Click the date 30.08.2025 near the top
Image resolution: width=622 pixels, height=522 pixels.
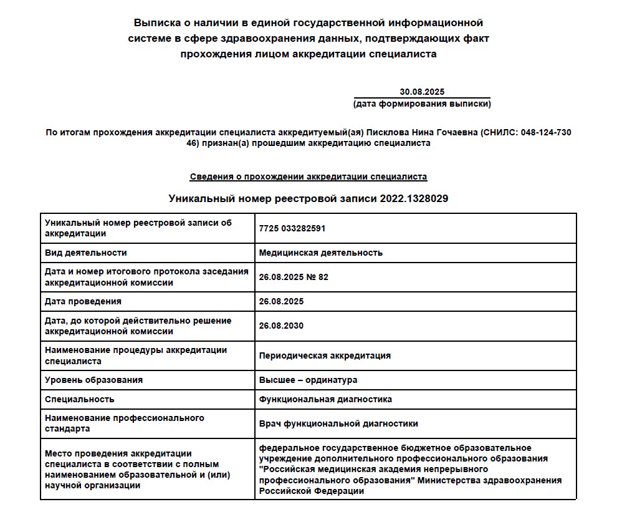[x=422, y=92]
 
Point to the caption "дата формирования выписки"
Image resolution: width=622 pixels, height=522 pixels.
[x=422, y=104]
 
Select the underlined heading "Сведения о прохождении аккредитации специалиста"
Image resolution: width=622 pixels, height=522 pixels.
[x=309, y=176]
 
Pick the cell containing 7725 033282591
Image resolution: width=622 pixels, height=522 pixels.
[x=292, y=228]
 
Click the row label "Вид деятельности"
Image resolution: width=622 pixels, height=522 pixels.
[x=86, y=253]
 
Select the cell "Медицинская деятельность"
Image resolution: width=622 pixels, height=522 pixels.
[x=320, y=253]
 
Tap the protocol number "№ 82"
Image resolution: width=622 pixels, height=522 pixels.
[x=317, y=277]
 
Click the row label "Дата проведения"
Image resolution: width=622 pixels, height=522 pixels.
[x=83, y=301]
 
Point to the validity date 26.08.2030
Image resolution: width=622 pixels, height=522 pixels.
[x=281, y=326]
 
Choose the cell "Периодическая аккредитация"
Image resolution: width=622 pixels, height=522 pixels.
[x=325, y=355]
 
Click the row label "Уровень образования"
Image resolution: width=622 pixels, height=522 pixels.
[x=93, y=380]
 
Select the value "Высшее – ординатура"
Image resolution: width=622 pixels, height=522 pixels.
[x=308, y=380]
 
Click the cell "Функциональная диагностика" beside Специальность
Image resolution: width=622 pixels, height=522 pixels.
[x=325, y=399]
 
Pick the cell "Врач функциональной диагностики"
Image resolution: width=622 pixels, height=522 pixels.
[x=338, y=423]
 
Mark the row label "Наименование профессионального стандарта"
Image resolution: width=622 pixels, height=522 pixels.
[x=125, y=423]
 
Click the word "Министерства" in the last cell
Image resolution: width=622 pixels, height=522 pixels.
[x=447, y=480]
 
